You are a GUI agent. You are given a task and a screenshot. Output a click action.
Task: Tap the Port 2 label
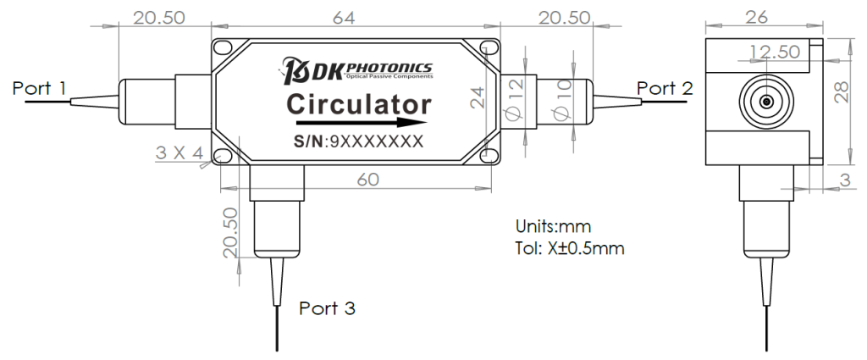pyautogui.click(x=665, y=87)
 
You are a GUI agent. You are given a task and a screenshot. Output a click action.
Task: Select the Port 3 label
pyautogui.click(x=328, y=308)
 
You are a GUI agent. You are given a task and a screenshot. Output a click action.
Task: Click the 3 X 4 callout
pyautogui.click(x=179, y=152)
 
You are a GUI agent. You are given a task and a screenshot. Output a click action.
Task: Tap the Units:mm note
pyautogui.click(x=552, y=227)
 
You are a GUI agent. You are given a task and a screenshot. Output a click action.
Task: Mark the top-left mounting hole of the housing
pyautogui.click(x=222, y=48)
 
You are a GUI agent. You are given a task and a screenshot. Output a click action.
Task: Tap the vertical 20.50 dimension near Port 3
pyautogui.click(x=228, y=233)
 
